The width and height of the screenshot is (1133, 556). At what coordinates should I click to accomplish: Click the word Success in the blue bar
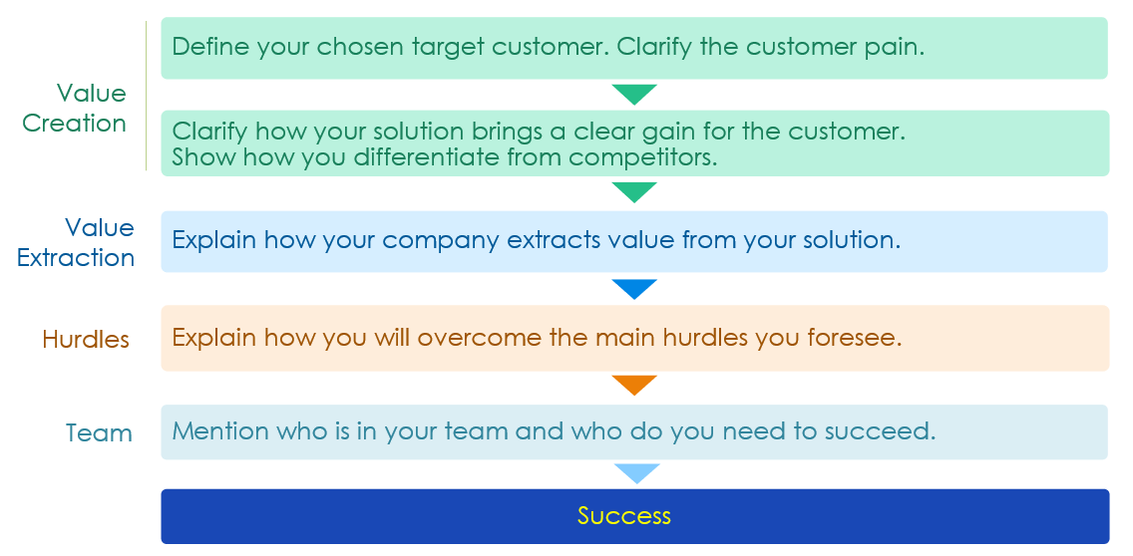click(x=624, y=515)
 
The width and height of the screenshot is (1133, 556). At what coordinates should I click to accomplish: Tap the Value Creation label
click(x=75, y=109)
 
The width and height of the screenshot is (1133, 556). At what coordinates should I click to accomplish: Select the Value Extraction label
click(x=76, y=242)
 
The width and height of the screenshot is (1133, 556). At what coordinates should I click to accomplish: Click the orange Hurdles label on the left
click(x=86, y=340)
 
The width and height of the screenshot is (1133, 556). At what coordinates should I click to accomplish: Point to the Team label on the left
click(x=99, y=433)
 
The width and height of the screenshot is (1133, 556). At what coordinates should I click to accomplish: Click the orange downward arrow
click(x=633, y=385)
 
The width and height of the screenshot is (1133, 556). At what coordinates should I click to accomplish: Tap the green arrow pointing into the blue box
click(x=633, y=192)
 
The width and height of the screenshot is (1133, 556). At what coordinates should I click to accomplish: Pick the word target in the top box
click(x=448, y=48)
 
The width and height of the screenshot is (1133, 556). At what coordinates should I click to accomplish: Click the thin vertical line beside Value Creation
click(x=146, y=96)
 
